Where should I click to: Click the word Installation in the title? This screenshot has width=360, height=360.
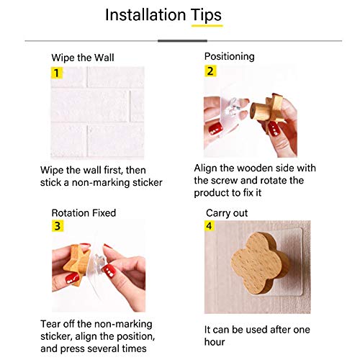point(145,15)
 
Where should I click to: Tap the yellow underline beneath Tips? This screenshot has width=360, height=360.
point(207,26)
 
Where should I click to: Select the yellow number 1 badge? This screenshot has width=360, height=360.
point(57,73)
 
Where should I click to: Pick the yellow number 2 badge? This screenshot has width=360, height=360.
point(210,71)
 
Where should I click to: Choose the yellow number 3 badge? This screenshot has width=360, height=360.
point(58,226)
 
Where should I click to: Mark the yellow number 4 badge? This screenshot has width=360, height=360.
point(209,226)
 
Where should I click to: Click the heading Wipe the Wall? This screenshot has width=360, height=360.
point(83,58)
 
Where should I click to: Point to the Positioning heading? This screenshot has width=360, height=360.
point(230,57)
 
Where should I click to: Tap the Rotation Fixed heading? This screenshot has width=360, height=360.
point(84,213)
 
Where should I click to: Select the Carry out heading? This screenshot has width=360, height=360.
point(227,213)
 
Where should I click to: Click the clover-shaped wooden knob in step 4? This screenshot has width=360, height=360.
point(261,263)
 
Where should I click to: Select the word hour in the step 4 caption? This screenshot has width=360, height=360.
point(215,342)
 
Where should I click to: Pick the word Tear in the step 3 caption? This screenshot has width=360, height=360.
point(50,324)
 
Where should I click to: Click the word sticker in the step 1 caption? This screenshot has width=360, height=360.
point(148,183)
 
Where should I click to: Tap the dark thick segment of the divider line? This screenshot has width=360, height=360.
point(182,41)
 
